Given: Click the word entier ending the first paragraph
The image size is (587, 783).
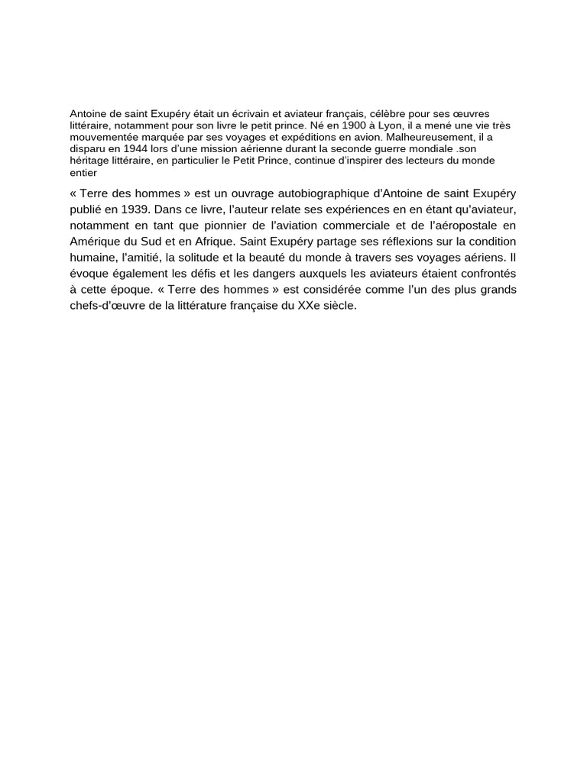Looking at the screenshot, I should pos(83,173).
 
